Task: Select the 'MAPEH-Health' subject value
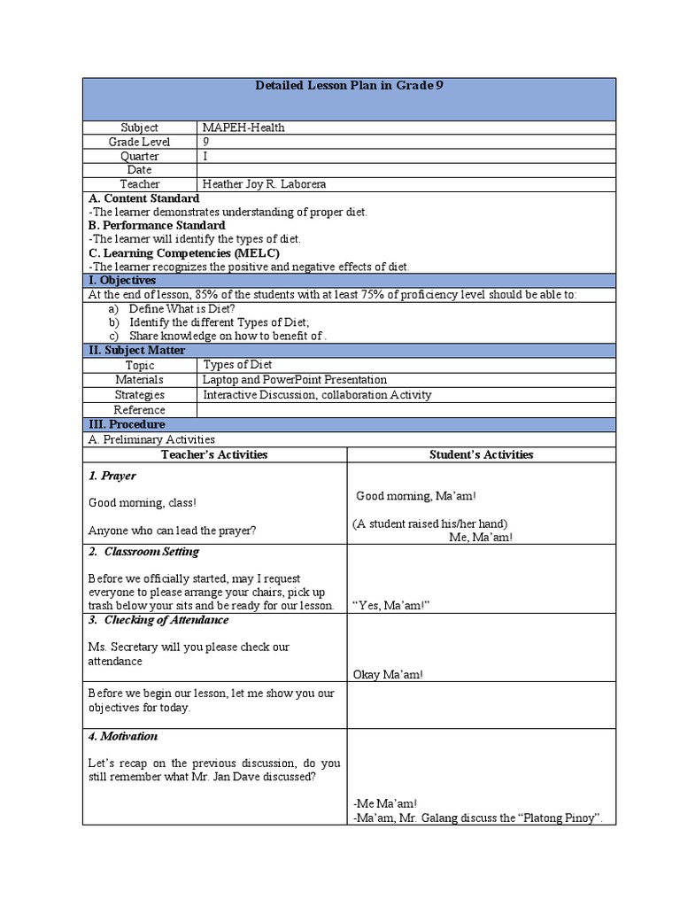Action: pyautogui.click(x=243, y=128)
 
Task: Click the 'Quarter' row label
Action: pyautogui.click(x=139, y=156)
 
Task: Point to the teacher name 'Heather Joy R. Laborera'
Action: pyautogui.click(x=264, y=184)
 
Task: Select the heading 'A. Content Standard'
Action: pyautogui.click(x=143, y=198)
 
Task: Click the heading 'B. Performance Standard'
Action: pyautogui.click(x=157, y=225)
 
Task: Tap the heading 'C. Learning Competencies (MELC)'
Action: pyautogui.click(x=183, y=252)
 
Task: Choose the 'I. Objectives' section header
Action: pyautogui.click(x=123, y=280)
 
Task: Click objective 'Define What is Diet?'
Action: pyautogui.click(x=182, y=308)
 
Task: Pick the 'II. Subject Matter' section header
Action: pyautogui.click(x=137, y=350)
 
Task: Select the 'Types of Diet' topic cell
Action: pyautogui.click(x=237, y=365)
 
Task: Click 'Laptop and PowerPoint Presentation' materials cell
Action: pyautogui.click(x=294, y=379)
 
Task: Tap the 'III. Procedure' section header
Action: pyautogui.click(x=127, y=424)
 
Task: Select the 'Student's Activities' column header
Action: pyautogui.click(x=481, y=454)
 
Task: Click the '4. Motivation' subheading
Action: pyautogui.click(x=123, y=736)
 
